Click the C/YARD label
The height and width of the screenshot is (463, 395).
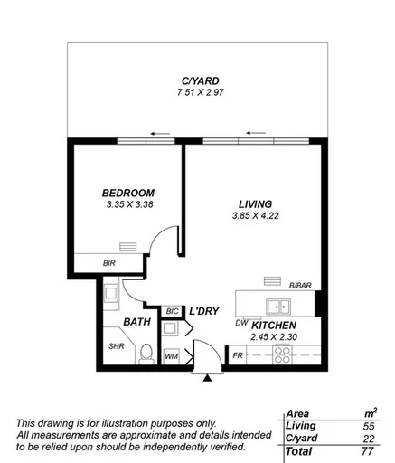[196, 81]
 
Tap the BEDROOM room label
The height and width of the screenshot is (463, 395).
[127, 193]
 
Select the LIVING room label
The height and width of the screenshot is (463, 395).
[255, 204]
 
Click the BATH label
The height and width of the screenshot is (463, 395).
[136, 321]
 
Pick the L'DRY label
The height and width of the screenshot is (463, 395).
[204, 311]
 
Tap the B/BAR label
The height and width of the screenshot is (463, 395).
[300, 287]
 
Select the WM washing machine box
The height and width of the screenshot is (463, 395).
[172, 356]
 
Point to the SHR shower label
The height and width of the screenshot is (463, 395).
[116, 346]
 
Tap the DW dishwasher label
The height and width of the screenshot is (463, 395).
[241, 322]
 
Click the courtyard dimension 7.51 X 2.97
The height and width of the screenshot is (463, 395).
[196, 93]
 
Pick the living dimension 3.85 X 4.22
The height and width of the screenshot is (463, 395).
[255, 217]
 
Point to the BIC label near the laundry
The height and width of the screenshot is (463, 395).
[172, 312]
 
